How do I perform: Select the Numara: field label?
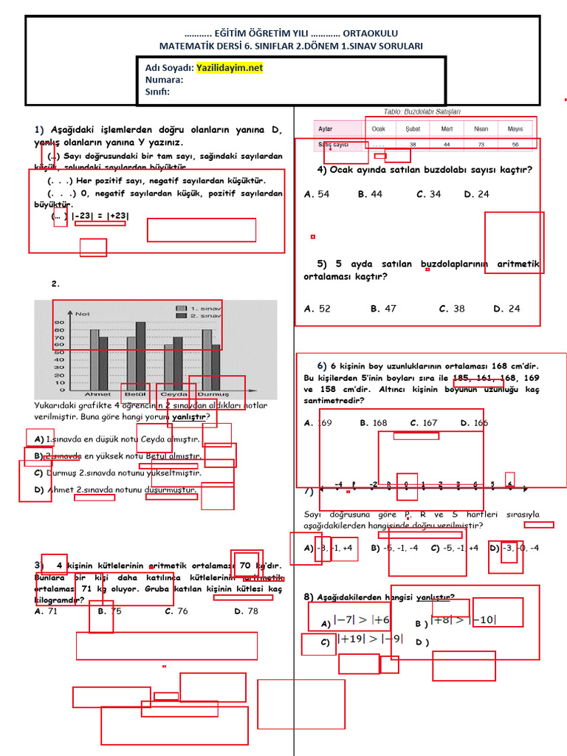164,80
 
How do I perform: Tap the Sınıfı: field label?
157,92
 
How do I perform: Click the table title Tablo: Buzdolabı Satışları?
422,111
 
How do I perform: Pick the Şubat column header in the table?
413,128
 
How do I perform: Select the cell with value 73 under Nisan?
481,145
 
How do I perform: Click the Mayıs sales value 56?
515,145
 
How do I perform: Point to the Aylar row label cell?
326,128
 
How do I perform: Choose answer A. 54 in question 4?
317,194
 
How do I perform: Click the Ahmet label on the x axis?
98,394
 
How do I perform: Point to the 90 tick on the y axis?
59,322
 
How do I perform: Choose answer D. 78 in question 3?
247,611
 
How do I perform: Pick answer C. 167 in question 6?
424,423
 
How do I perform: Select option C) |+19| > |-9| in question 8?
362,639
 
